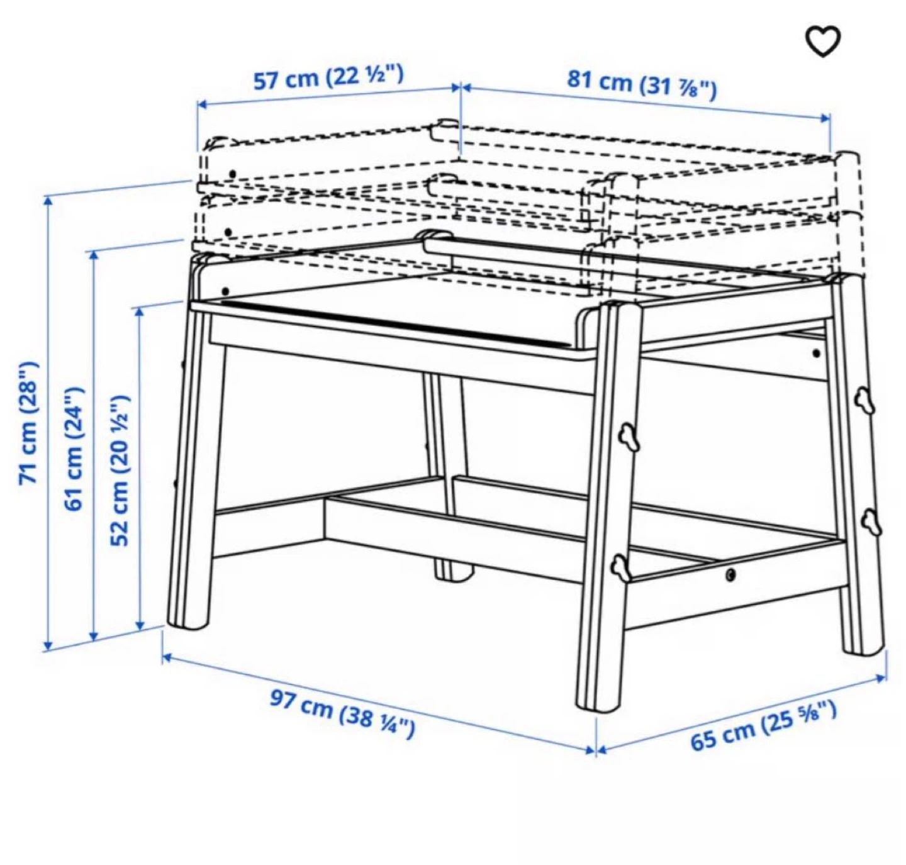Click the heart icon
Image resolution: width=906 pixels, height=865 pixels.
point(823,42)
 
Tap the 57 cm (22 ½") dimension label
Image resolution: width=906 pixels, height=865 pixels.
point(328,77)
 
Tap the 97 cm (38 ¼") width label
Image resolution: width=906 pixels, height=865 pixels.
point(342,715)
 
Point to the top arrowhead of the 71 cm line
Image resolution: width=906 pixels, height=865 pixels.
point(48,202)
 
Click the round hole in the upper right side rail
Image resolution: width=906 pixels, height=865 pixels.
point(816,354)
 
